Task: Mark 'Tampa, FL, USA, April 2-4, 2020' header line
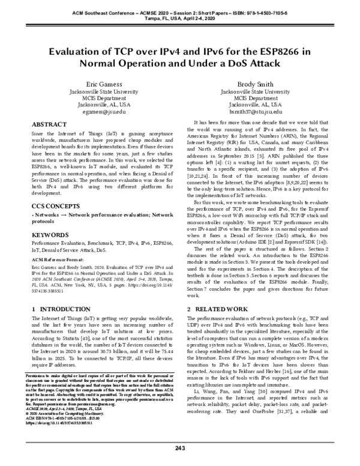[180, 17]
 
